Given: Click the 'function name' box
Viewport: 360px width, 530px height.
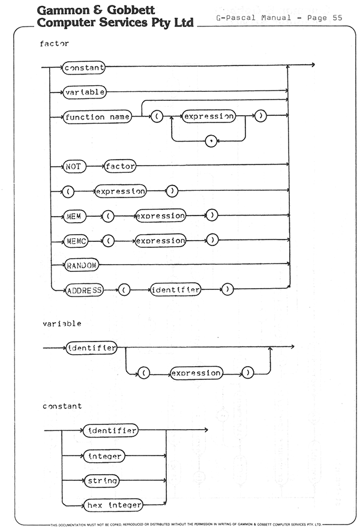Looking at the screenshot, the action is (97, 117).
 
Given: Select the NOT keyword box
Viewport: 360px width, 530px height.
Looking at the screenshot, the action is (74, 166).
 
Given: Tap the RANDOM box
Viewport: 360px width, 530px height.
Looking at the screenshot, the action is (82, 265).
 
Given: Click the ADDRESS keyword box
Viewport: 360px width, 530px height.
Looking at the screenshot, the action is (84, 291).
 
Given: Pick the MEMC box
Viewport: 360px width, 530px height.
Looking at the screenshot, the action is (76, 241).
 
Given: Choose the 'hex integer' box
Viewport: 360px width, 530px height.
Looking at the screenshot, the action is (113, 505).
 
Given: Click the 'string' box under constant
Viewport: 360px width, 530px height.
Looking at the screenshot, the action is (102, 481).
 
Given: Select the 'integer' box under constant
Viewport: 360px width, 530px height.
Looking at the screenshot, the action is (104, 456).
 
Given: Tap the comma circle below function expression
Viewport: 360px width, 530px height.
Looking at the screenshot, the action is (211, 141).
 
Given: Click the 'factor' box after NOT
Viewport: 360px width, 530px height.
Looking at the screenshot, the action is (120, 166).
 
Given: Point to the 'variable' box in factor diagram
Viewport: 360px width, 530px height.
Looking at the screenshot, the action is (85, 92).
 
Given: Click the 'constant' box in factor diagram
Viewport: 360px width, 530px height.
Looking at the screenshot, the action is (84, 68).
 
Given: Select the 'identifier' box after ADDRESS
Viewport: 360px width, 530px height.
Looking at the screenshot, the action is (175, 290).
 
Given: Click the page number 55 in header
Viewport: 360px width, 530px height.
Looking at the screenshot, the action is (337, 18).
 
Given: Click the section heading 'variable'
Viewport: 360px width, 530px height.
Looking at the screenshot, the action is (62, 324).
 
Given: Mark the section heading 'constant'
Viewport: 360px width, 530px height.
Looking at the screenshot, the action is (62, 406).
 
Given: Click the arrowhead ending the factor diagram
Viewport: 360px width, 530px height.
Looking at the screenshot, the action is (313, 65).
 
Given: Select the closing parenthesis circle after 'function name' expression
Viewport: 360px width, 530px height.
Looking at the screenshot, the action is (260, 116).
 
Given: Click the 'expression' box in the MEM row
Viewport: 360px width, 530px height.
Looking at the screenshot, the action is (161, 215).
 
